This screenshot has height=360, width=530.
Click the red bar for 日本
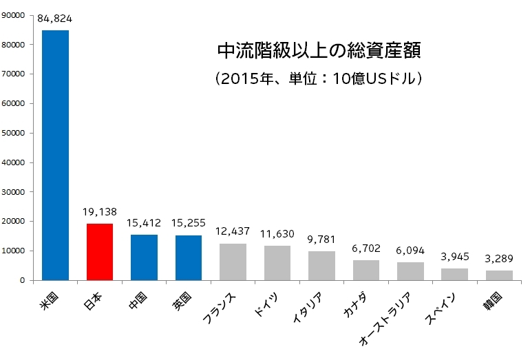[100, 252]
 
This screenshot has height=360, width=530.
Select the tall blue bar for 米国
[56, 156]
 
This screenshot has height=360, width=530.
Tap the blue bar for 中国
[144, 257]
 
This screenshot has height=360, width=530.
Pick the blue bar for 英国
[189, 257]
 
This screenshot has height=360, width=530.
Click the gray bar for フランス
[233, 262]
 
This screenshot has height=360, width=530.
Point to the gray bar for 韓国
[499, 275]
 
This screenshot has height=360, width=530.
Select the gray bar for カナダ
[366, 270]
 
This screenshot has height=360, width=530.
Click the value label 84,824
[56, 19]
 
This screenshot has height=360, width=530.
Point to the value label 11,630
[277, 234]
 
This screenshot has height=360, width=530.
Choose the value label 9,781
[322, 240]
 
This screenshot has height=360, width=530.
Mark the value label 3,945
[455, 257]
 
